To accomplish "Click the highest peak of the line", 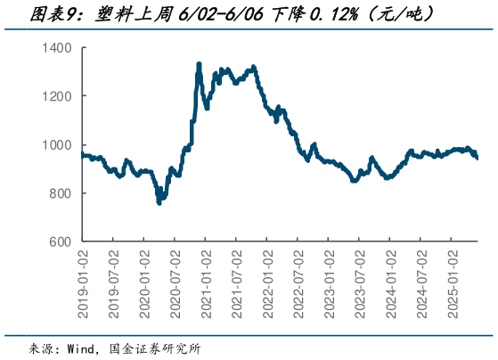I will coord(199,64).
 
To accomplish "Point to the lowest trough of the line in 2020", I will coord(159,202).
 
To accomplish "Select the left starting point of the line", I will coord(82,154).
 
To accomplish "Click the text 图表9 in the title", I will coord(28,13).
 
